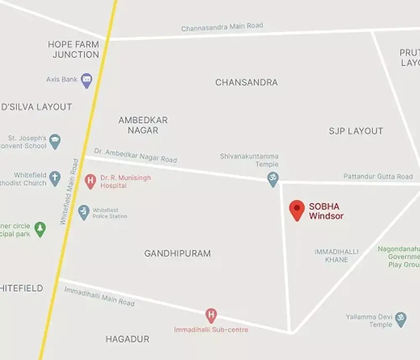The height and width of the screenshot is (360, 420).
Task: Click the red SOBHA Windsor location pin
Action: (297, 209)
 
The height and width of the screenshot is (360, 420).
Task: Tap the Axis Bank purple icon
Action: (87, 80)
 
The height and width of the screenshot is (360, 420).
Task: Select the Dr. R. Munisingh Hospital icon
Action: (90, 181)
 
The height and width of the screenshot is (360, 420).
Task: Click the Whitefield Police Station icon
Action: (84, 212)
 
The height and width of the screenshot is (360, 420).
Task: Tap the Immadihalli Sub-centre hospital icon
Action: (211, 315)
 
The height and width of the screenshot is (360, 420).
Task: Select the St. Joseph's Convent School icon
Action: (55, 141)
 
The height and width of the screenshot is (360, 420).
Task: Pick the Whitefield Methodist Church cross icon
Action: (55, 178)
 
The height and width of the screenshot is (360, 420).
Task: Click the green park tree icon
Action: (40, 229)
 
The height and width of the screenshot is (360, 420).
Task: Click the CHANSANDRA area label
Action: (247, 82)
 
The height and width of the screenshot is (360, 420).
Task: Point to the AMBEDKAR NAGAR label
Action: (143, 125)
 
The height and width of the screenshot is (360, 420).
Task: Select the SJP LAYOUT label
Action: (356, 131)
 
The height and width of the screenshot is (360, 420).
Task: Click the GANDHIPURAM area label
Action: (177, 253)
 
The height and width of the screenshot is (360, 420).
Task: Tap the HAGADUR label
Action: (127, 339)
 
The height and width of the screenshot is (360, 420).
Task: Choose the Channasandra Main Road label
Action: (222, 27)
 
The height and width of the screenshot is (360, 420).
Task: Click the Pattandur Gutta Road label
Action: (378, 177)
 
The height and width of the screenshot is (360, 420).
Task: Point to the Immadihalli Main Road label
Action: (100, 296)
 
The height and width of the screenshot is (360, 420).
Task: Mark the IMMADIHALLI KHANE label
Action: (336, 256)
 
